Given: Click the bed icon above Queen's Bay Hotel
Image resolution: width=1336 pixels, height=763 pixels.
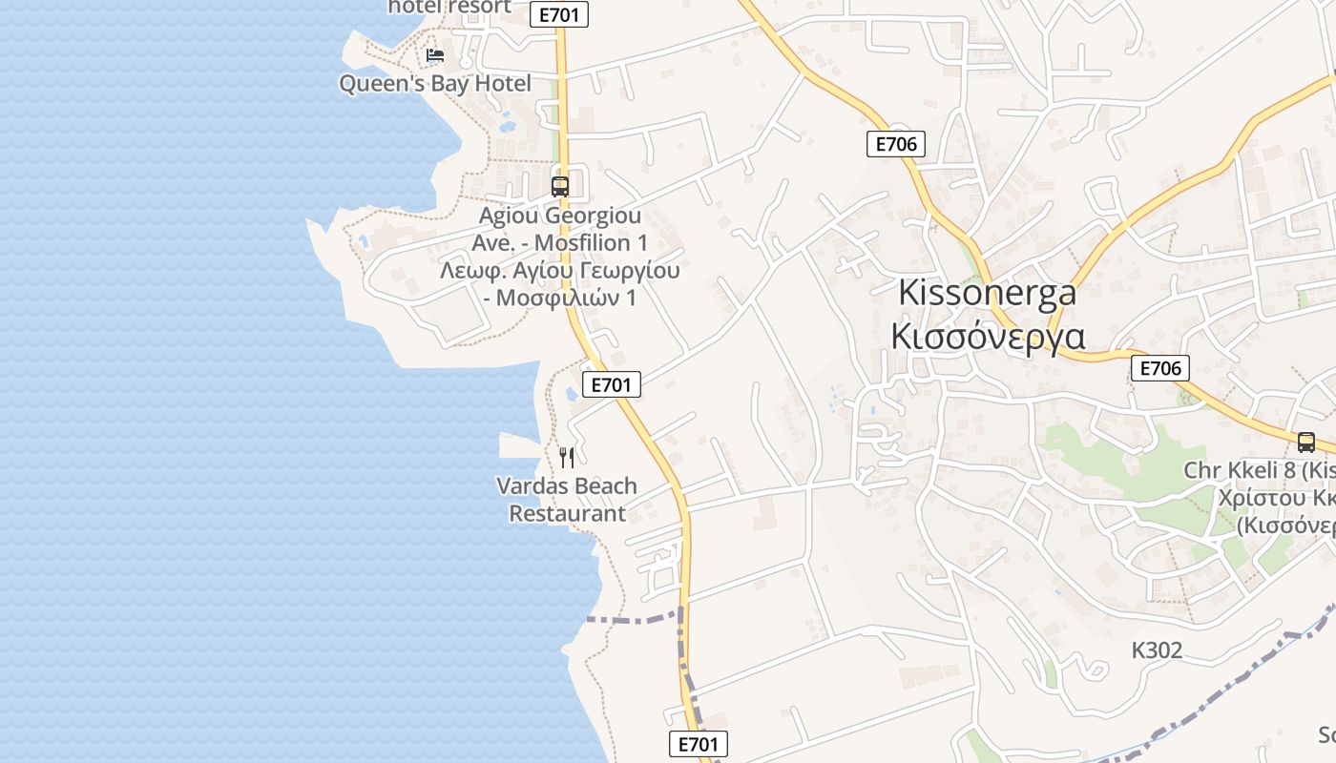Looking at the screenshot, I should pyautogui.click(x=435, y=55).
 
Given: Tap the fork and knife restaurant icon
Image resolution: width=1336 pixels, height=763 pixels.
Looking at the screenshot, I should pyautogui.click(x=567, y=457).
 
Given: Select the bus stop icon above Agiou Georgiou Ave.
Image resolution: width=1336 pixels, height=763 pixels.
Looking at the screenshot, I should pyautogui.click(x=560, y=186).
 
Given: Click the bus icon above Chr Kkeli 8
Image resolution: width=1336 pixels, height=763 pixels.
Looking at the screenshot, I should pyautogui.click(x=1305, y=443).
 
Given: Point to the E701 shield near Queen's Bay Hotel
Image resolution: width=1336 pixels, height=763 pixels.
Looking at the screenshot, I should pyautogui.click(x=559, y=14).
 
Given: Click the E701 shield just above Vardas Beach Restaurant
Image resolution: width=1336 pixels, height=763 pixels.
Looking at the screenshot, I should pyautogui.click(x=611, y=384).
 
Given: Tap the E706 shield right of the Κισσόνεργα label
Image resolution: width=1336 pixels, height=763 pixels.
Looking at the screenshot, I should pyautogui.click(x=1160, y=368).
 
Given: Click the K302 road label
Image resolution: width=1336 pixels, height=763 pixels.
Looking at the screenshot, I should pyautogui.click(x=1157, y=650).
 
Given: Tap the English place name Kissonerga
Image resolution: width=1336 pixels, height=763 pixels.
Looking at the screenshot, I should pyautogui.click(x=987, y=293).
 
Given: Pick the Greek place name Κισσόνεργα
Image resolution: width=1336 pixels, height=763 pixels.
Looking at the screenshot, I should pyautogui.click(x=987, y=336).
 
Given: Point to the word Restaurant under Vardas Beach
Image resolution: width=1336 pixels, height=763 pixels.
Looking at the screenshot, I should pyautogui.click(x=567, y=514).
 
